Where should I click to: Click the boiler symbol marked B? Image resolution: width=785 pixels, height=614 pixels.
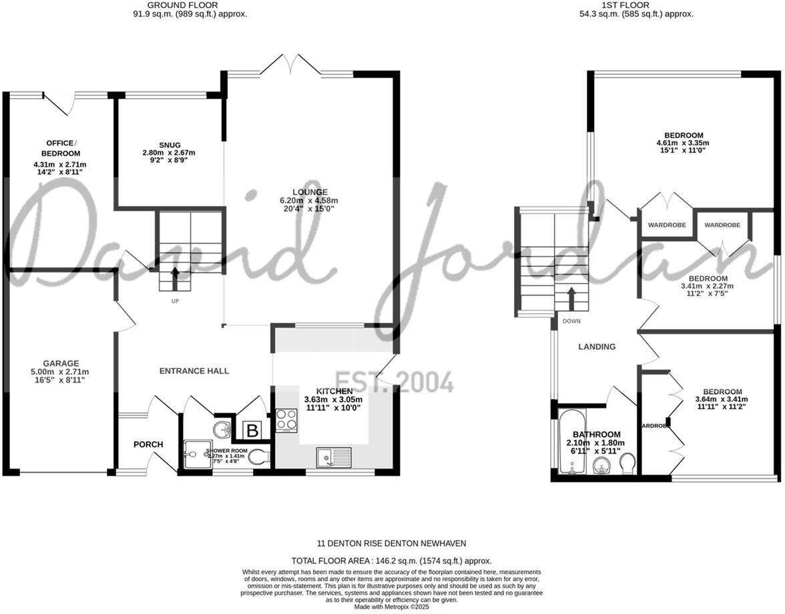pyautogui.click(x=252, y=431)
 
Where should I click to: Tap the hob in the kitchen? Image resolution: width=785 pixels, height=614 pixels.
pyautogui.click(x=286, y=420)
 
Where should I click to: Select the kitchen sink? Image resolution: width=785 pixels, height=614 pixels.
pyautogui.click(x=333, y=457)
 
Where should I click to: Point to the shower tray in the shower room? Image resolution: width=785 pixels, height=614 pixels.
pyautogui.click(x=195, y=454)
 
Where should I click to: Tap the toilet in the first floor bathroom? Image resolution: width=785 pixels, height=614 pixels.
pyautogui.click(x=627, y=463)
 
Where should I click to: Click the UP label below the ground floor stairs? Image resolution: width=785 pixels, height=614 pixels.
pyautogui.click(x=175, y=301)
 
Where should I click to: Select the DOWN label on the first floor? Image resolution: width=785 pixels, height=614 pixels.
pyautogui.click(x=571, y=321)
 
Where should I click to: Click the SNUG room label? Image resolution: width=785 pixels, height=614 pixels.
pyautogui.click(x=151, y=145)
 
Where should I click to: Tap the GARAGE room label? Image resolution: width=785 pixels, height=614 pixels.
pyautogui.click(x=62, y=364)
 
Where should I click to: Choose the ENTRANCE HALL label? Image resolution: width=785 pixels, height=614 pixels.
pyautogui.click(x=194, y=371)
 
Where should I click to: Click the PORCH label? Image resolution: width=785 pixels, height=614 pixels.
pyautogui.click(x=148, y=444)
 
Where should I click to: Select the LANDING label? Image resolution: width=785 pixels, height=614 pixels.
pyautogui.click(x=596, y=347)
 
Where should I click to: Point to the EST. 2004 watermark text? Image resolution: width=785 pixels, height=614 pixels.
pyautogui.click(x=394, y=381)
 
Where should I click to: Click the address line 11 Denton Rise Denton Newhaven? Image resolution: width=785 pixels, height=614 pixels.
pyautogui.click(x=391, y=543)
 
